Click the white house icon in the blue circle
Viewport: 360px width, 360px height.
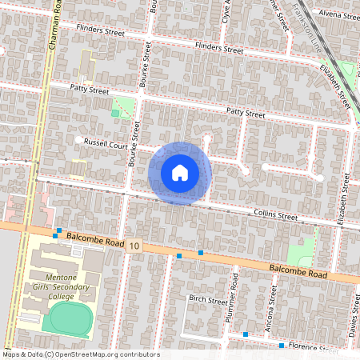180,173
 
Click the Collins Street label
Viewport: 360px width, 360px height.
275,216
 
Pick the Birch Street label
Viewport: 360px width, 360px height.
208,300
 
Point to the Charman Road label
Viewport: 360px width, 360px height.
55,28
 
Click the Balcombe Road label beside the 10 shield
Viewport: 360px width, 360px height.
94,239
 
